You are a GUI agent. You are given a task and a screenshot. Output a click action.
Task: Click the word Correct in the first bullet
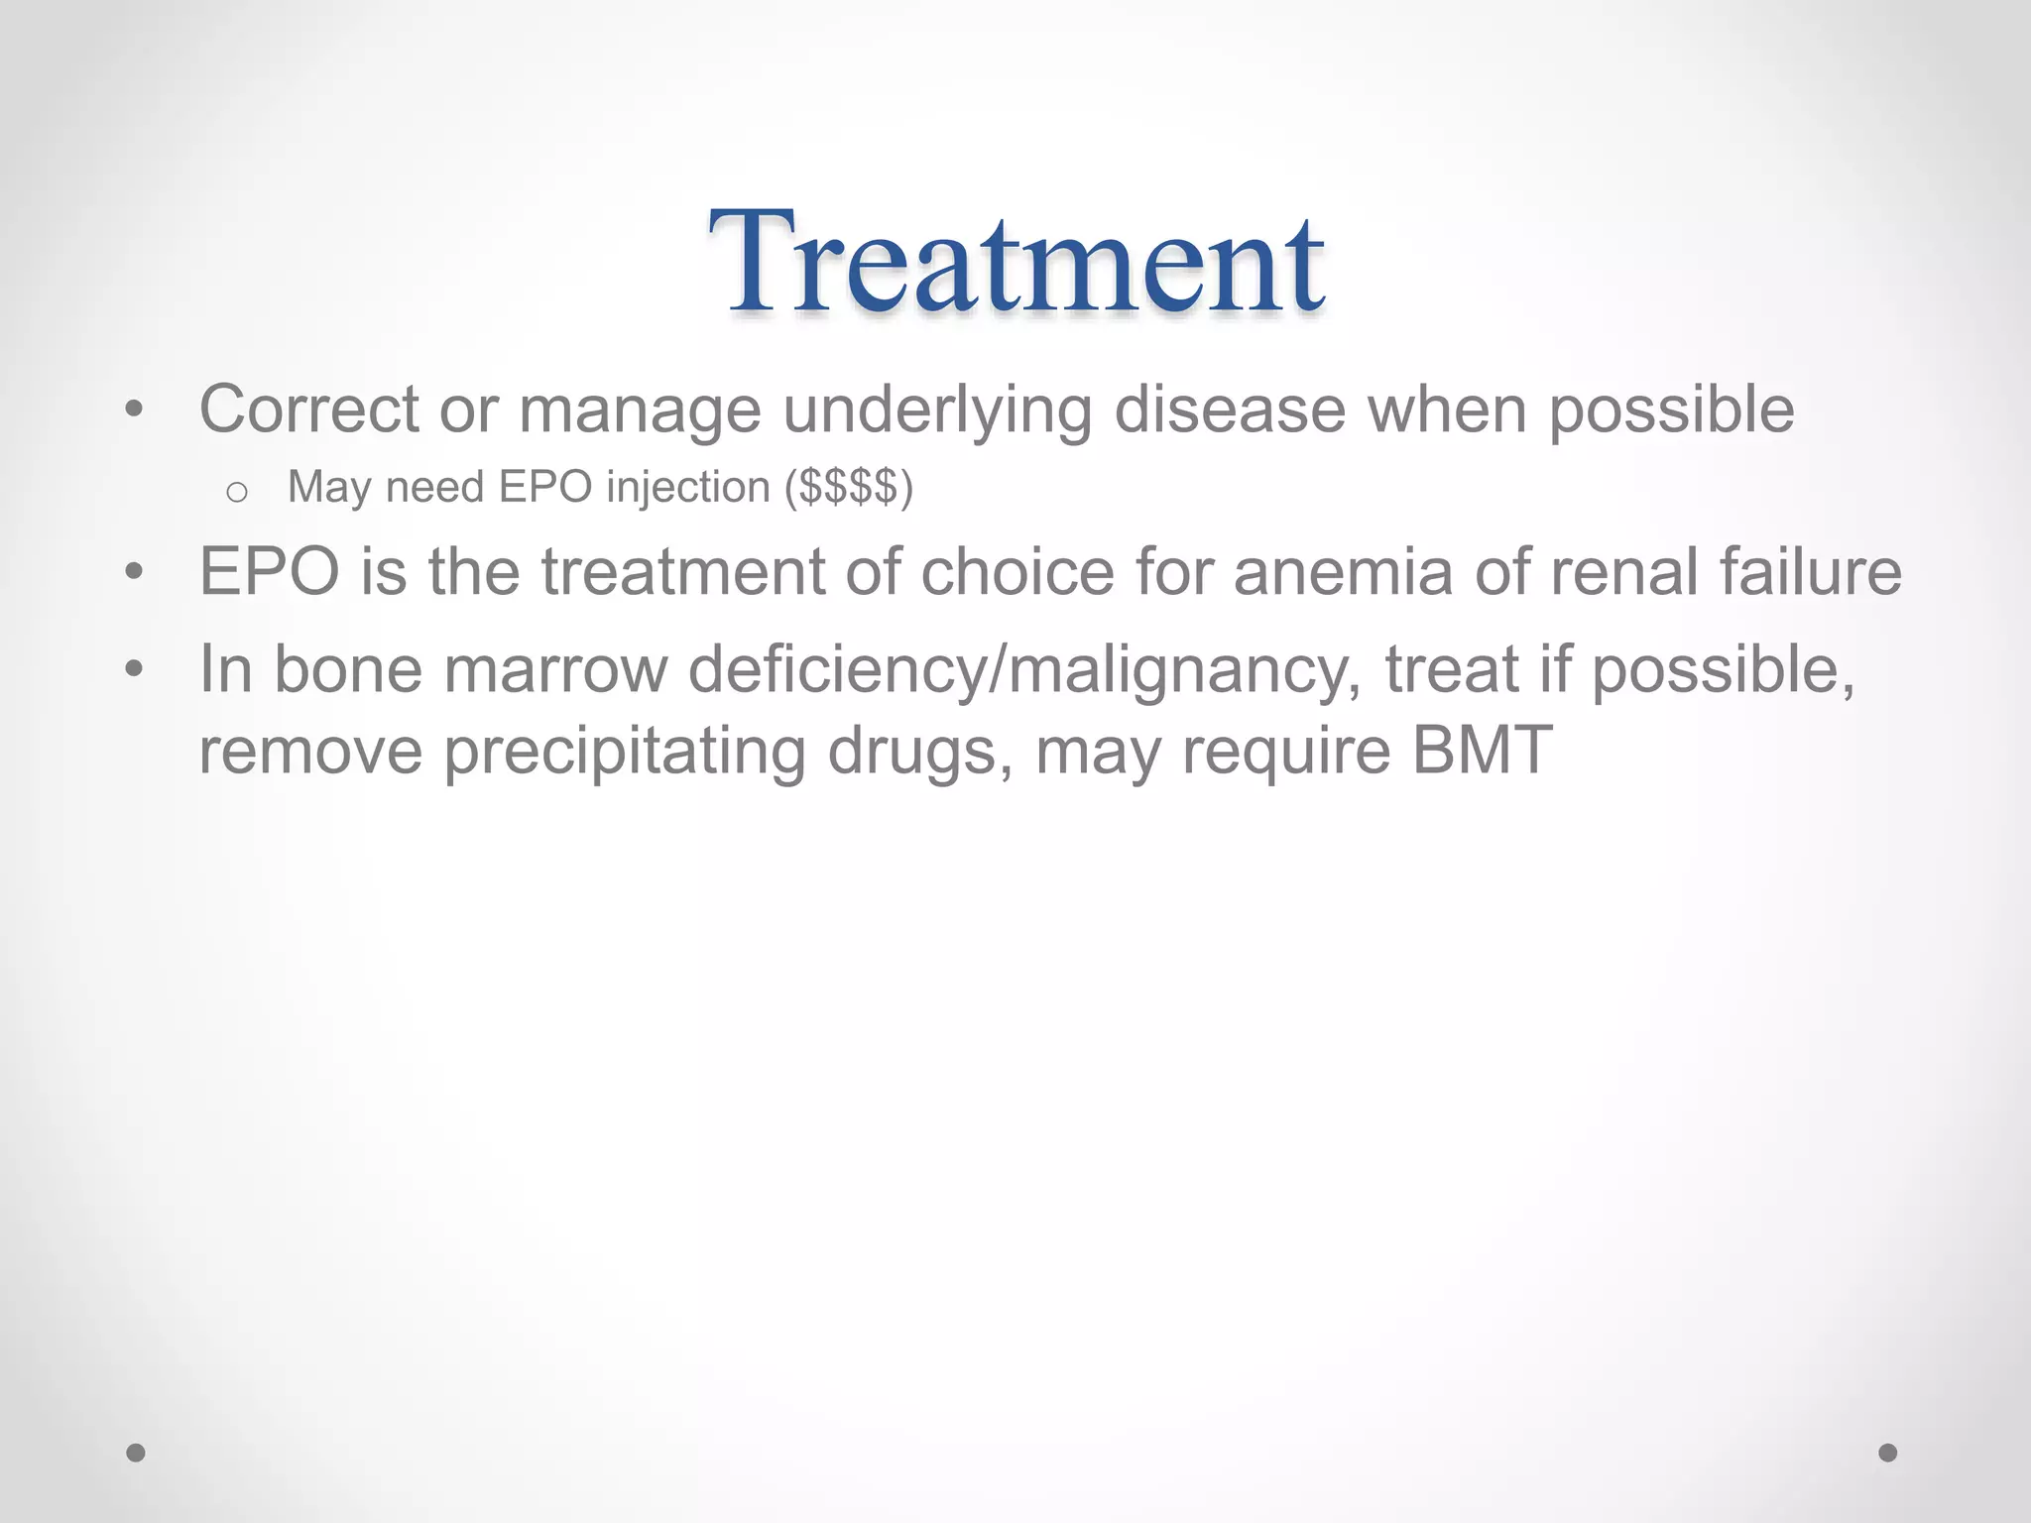(x=308, y=410)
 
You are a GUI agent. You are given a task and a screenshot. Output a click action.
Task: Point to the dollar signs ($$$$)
(x=848, y=488)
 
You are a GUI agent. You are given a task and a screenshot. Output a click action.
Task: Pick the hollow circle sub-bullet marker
(x=236, y=492)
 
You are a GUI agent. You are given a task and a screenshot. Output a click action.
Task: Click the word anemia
(x=1344, y=572)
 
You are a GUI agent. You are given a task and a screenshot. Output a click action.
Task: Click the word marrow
(x=555, y=670)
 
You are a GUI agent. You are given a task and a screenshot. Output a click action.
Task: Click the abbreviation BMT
(x=1482, y=751)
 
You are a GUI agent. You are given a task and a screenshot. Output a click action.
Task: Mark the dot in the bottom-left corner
(x=136, y=1453)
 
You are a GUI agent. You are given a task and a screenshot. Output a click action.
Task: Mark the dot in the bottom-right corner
(x=1888, y=1453)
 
